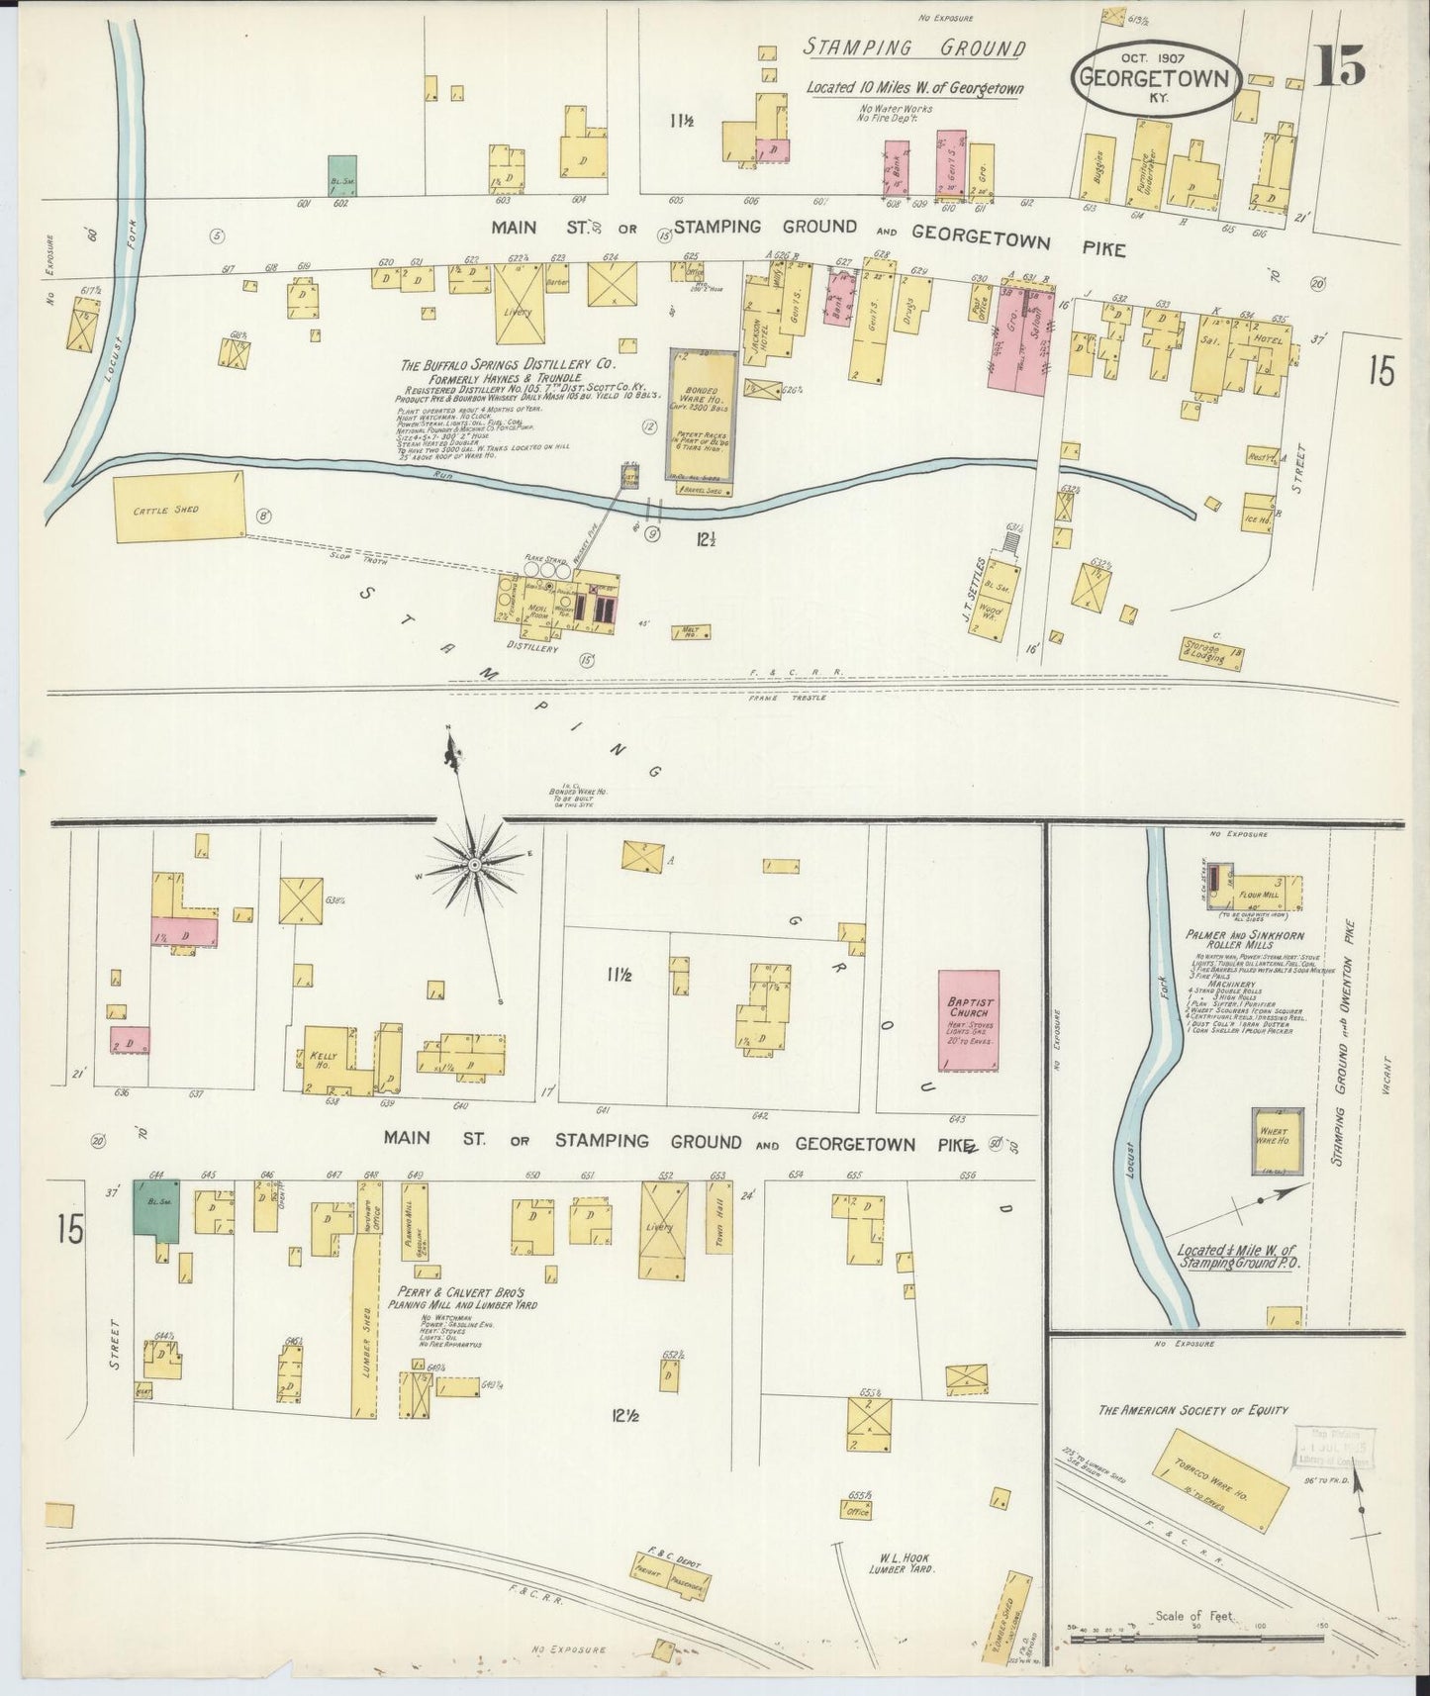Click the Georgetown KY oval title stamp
tap(1156, 79)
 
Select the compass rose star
tap(475, 866)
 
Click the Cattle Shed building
tap(178, 509)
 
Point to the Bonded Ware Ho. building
tap(702, 421)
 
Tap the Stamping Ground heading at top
tap(913, 48)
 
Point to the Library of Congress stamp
tap(1335, 1447)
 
